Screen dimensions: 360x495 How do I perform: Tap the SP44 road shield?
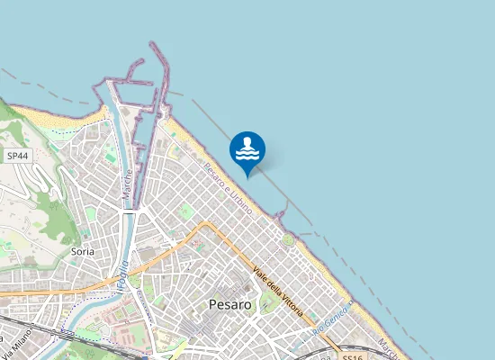(x=16, y=156)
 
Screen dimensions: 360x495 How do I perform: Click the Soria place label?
(x=82, y=253)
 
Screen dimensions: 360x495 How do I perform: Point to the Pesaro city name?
(x=229, y=305)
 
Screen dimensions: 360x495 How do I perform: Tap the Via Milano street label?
(x=20, y=342)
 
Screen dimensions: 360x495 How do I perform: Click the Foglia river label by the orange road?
(x=121, y=274)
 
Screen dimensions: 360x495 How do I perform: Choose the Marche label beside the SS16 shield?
(x=389, y=347)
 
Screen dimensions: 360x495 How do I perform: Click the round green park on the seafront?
(x=288, y=239)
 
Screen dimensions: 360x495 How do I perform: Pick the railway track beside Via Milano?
(x=45, y=330)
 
